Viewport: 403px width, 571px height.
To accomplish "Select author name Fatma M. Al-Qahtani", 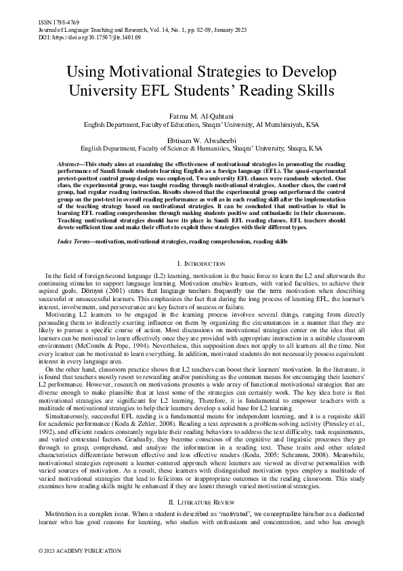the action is pos(201,117).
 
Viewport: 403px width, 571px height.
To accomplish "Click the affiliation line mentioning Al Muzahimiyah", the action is pos(201,125).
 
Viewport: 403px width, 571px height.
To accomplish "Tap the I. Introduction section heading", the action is pos(201,263).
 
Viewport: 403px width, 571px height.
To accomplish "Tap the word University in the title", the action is pos(114,90).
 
